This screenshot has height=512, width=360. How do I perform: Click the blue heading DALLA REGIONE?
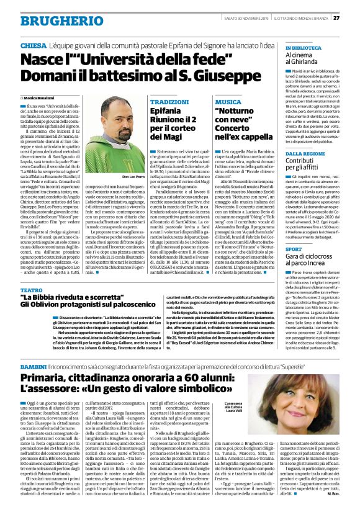pyautogui.click(x=305, y=153)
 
